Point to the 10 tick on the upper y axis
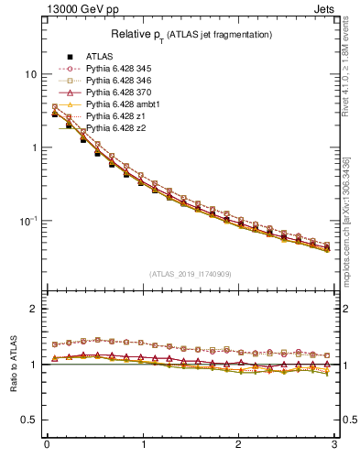tap(31, 74)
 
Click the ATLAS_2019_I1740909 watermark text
tap(191, 274)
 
